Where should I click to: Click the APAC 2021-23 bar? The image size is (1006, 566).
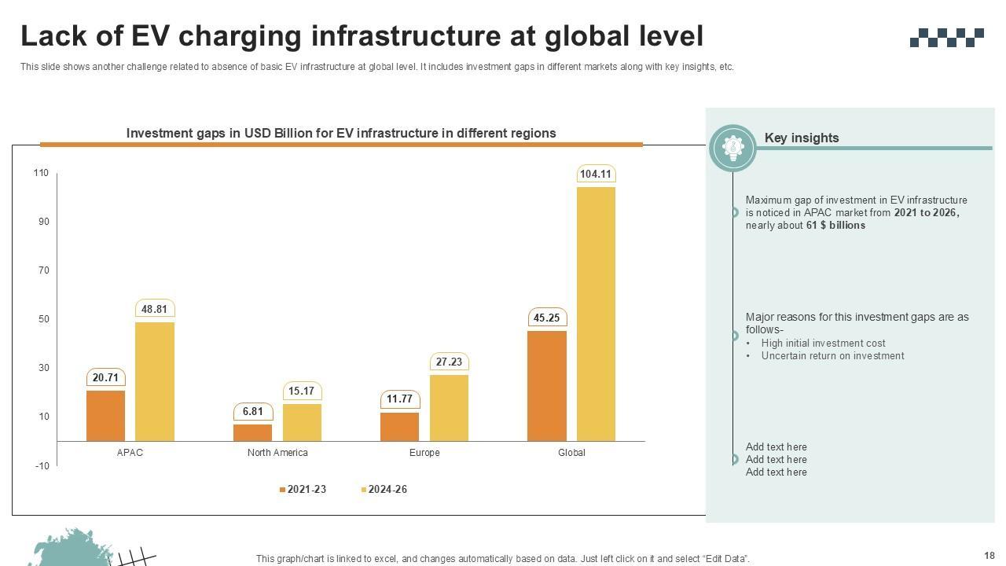tap(105, 416)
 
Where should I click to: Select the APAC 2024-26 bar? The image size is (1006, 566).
tap(155, 381)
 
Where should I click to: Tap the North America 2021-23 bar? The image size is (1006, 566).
tap(253, 432)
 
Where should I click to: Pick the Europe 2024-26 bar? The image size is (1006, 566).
tap(449, 408)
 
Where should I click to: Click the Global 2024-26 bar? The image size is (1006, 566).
tap(596, 314)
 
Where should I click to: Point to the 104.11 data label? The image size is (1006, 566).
tap(596, 174)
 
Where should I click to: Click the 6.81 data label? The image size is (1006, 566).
tap(253, 412)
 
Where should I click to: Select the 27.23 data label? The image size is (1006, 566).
tap(449, 362)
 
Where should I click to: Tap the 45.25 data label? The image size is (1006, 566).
tap(546, 318)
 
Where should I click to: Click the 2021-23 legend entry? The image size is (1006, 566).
tap(303, 490)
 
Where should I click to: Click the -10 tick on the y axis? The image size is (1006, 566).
tap(41, 466)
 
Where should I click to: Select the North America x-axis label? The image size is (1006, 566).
tap(277, 453)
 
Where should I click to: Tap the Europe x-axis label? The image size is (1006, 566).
tap(424, 453)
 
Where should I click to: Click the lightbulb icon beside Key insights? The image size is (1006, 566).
tap(732, 147)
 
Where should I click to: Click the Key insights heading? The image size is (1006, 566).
tap(802, 138)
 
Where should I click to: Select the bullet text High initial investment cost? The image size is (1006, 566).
tap(823, 344)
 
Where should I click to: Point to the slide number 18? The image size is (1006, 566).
tap(989, 556)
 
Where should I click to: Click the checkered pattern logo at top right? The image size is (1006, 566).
tap(946, 37)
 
